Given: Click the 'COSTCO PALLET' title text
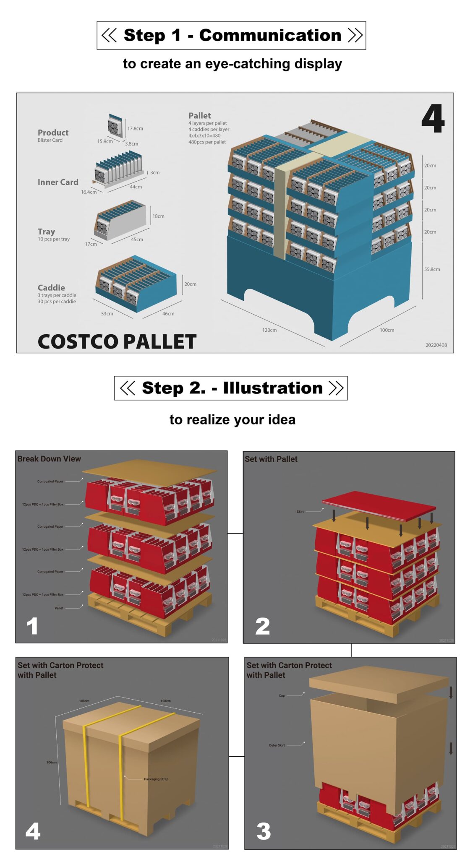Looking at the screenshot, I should click(117, 341).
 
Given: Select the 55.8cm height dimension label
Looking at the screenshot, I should click(432, 269).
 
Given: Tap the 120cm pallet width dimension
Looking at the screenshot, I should click(269, 330).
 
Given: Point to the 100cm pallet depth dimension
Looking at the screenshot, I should click(387, 330).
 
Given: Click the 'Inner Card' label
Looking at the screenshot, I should click(58, 182).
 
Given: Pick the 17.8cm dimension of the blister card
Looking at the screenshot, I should click(135, 128).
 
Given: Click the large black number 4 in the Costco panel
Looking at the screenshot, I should click(433, 119).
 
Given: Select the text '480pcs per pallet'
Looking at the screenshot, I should click(207, 142).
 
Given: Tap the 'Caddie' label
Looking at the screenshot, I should click(51, 287).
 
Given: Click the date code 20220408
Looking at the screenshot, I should click(436, 345).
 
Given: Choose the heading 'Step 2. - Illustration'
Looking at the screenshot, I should click(232, 388).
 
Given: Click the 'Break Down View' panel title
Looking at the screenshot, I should click(49, 458).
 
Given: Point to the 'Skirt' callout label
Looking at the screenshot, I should click(300, 511).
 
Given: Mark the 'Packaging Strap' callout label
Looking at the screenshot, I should click(156, 779).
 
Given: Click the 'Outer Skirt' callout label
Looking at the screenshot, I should click(277, 745).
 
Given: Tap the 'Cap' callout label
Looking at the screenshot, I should click(282, 695).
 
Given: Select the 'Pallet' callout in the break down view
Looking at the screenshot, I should click(59, 608).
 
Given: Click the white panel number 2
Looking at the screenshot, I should click(263, 626).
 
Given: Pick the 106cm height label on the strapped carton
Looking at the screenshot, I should click(51, 762).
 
